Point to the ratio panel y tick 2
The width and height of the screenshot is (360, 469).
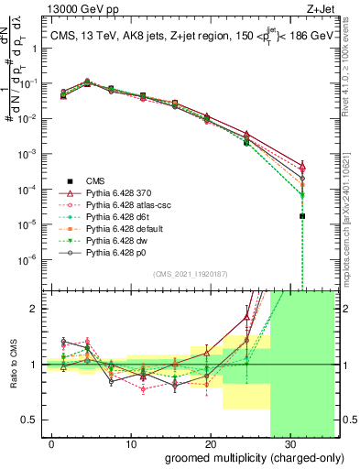pyautogui.click(x=30, y=309)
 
